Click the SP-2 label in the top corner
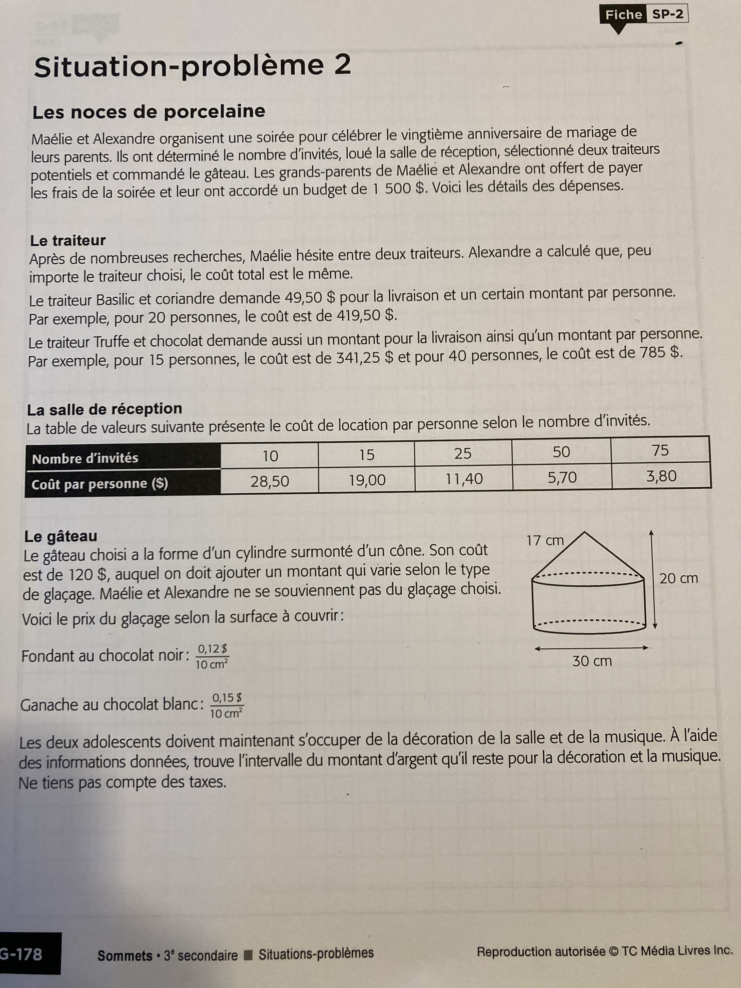pos(667,14)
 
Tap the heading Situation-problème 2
pos(192,66)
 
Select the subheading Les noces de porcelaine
pos(149,112)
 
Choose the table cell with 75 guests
pos(660,450)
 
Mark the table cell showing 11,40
pos(464,479)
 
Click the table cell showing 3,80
pos(661,476)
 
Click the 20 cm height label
pos(679,578)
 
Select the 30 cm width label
pos(592,661)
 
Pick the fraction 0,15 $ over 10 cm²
pos(226,705)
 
